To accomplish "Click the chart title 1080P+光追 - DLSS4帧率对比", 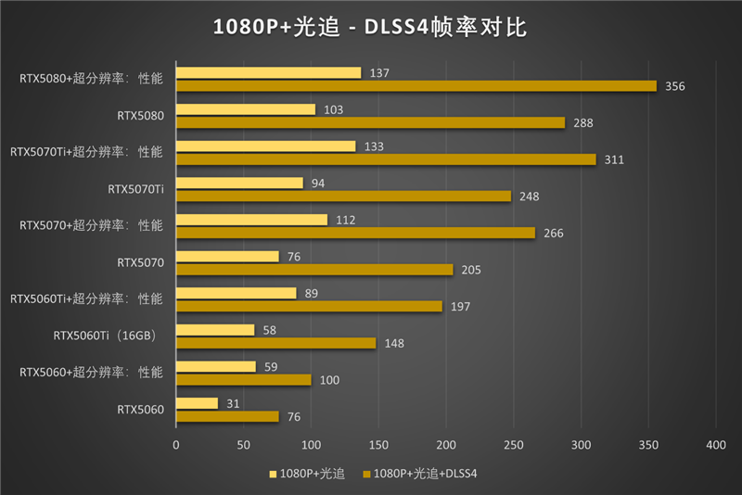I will click(x=370, y=28).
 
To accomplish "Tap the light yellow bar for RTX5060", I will click(x=197, y=403).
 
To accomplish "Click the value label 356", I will click(x=675, y=86).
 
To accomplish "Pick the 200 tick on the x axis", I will click(x=445, y=445).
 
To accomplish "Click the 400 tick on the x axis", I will click(x=715, y=445).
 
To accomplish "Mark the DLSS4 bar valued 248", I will click(x=343, y=196).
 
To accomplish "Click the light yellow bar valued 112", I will click(x=251, y=220).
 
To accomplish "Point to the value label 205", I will click(x=473, y=270).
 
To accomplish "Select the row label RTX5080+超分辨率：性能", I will click(x=91, y=79).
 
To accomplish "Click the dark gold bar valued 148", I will click(x=275, y=343).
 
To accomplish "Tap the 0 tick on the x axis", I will click(x=176, y=445).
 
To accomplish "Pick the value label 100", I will click(x=329, y=380).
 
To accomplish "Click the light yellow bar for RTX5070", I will click(x=227, y=257).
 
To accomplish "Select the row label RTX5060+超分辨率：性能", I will click(x=91, y=372).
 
